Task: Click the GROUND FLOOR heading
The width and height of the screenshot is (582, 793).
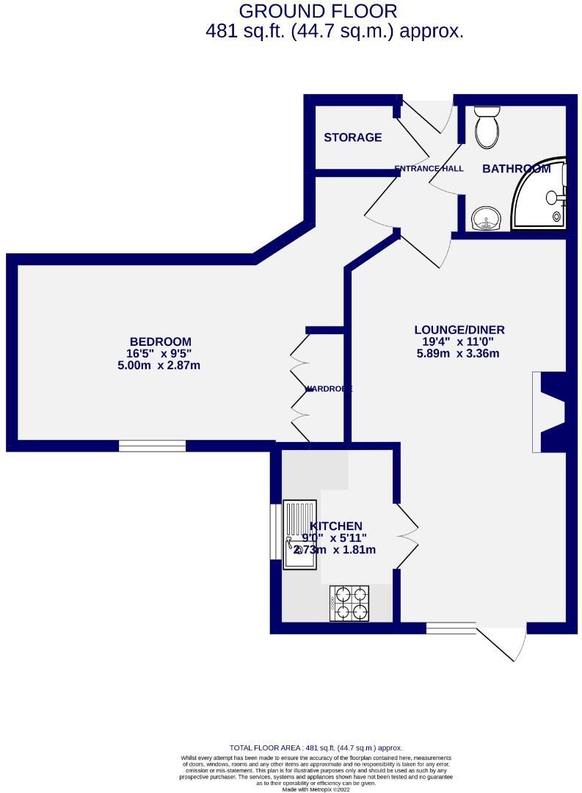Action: click(x=318, y=12)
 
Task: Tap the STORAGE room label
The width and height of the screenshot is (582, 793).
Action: click(x=352, y=137)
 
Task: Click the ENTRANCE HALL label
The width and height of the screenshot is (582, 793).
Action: click(x=429, y=168)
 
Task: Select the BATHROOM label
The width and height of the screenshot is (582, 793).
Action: click(x=516, y=169)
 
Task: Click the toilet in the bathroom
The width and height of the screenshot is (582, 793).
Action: click(x=487, y=126)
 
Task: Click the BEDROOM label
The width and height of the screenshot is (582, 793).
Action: click(x=160, y=341)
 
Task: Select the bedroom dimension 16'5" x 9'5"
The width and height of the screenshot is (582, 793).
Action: click(x=160, y=353)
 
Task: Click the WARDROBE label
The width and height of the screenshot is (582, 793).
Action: click(x=329, y=388)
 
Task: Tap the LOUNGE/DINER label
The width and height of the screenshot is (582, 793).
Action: click(x=459, y=330)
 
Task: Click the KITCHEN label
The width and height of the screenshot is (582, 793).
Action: click(x=335, y=526)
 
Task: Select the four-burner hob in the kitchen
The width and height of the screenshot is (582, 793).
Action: click(x=349, y=603)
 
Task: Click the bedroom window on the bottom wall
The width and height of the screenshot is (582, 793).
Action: click(x=152, y=446)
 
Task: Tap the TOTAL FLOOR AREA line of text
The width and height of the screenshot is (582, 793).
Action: click(x=316, y=747)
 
